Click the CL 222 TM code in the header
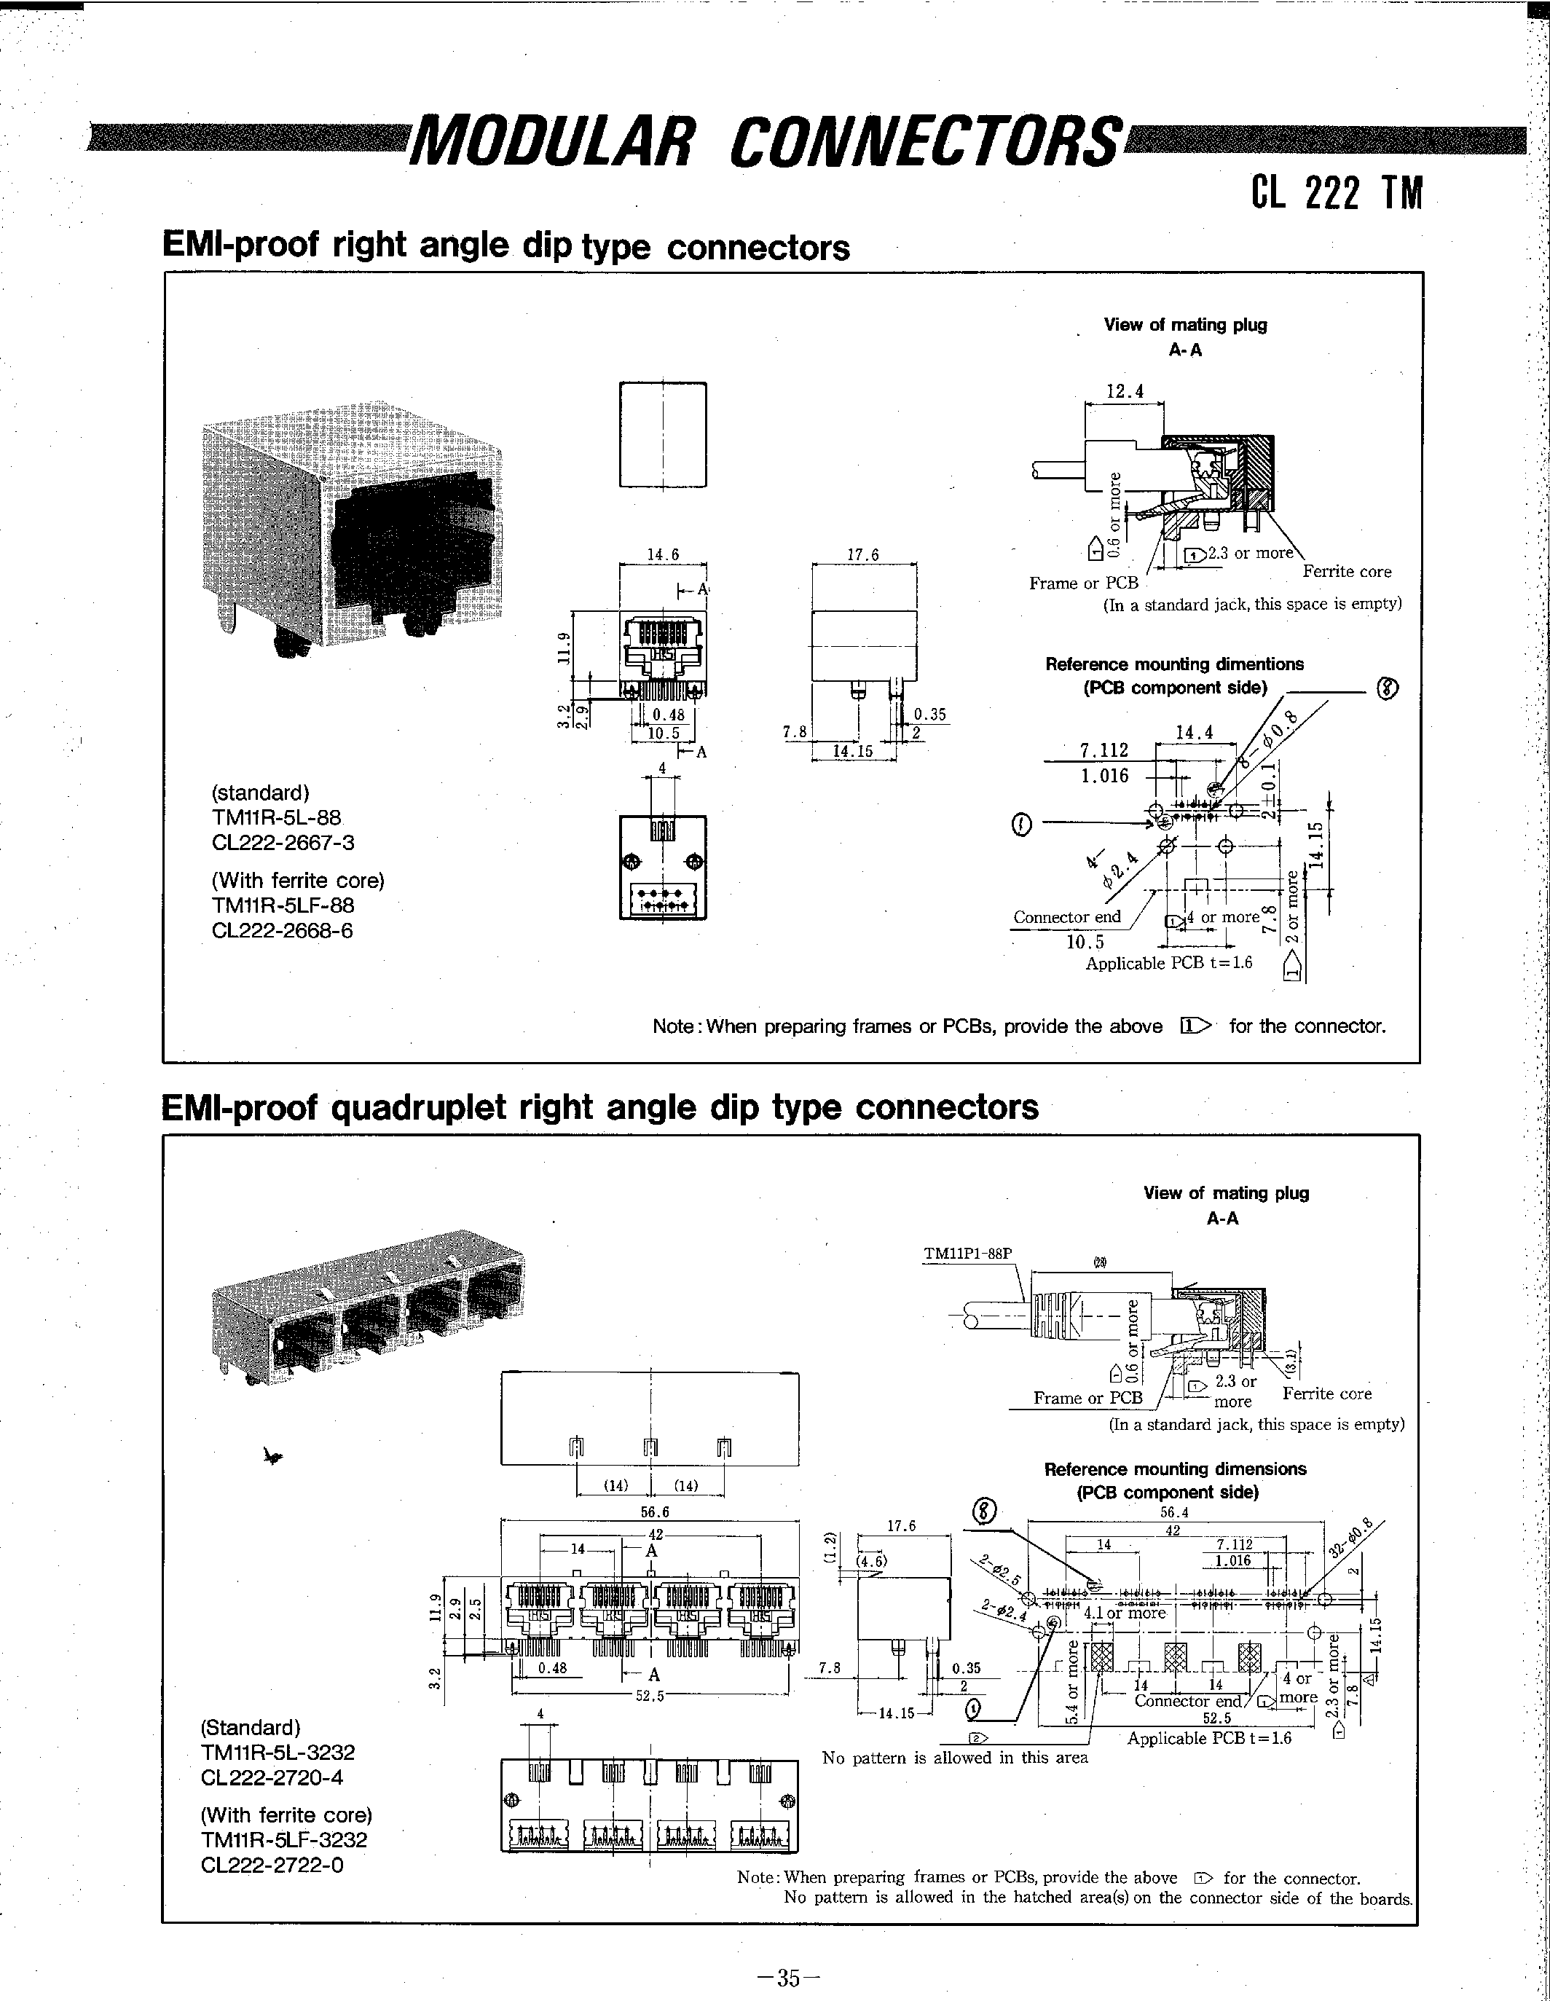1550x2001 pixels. click(1337, 192)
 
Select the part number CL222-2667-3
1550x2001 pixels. click(282, 842)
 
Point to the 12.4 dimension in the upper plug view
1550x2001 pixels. click(1124, 391)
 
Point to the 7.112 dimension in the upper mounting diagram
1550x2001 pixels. click(1104, 750)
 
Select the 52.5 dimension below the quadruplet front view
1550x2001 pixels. click(650, 1696)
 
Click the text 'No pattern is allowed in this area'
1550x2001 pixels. click(955, 1757)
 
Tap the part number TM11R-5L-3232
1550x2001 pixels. click(277, 1752)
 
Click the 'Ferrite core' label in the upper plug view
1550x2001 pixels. click(1346, 572)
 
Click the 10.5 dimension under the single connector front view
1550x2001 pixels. click(664, 733)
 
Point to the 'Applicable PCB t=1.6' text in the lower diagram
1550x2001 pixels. click(1208, 1738)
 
